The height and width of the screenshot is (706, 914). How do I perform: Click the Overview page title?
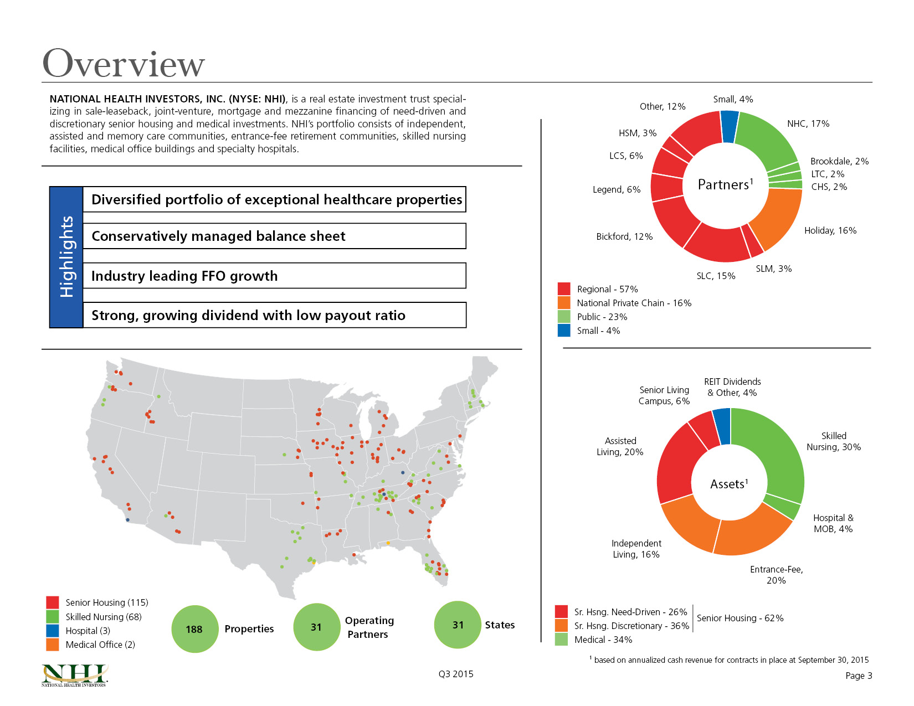pos(123,64)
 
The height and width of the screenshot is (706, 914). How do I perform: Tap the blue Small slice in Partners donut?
pos(729,126)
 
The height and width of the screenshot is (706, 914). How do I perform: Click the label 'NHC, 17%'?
pos(808,123)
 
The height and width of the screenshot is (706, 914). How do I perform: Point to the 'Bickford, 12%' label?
pos(624,237)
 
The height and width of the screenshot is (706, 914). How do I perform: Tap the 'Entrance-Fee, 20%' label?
pos(776,575)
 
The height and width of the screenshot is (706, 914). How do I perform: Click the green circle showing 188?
pos(195,629)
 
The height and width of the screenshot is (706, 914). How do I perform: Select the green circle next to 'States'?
pos(458,625)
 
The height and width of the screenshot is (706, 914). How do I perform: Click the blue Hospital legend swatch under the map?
pos(53,631)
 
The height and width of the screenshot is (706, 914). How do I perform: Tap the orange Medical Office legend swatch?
pos(53,645)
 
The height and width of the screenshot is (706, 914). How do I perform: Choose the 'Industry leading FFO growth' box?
pos(275,276)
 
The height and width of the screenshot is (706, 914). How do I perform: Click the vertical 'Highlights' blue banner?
pos(66,257)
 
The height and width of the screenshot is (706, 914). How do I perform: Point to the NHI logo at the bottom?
pos(74,676)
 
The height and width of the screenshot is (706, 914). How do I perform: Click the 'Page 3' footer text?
pos(859,676)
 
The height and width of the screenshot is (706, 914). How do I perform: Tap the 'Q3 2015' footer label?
pos(456,674)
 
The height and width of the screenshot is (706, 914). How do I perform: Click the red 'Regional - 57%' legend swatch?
pos(564,289)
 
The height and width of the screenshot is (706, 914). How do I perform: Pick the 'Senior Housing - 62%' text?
pos(740,618)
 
